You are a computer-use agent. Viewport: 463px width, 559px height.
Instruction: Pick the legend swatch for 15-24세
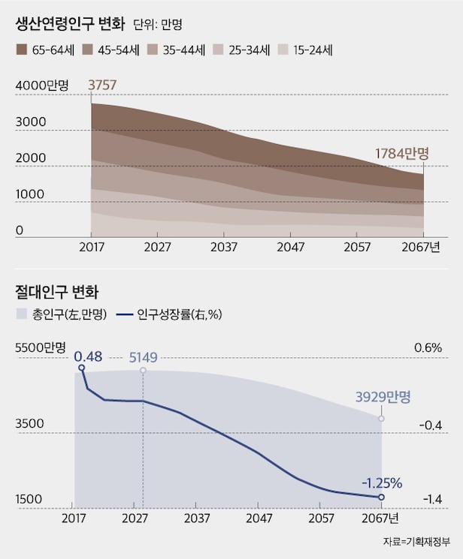click(x=283, y=51)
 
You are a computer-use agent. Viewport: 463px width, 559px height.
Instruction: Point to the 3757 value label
click(x=103, y=86)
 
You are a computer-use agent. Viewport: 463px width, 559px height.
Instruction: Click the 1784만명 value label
click(x=401, y=154)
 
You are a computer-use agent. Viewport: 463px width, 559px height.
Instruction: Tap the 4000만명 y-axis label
click(x=42, y=86)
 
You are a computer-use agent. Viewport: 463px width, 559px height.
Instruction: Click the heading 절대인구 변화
click(x=56, y=290)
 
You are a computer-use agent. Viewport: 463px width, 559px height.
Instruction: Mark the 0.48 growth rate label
click(x=88, y=354)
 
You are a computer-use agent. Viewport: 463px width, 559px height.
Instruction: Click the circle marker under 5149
click(x=143, y=371)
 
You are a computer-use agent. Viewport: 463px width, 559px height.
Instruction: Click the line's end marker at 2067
click(x=381, y=497)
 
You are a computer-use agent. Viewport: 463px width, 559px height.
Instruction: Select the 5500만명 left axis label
click(x=42, y=348)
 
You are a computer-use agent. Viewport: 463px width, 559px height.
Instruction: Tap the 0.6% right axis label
click(x=428, y=348)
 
